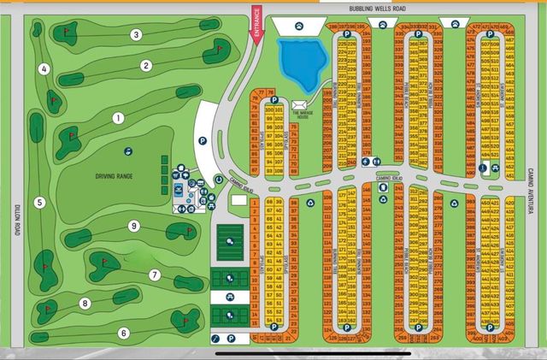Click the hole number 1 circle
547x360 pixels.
(x=119, y=118)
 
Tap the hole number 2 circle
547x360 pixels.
(x=146, y=65)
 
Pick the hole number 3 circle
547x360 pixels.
(x=136, y=35)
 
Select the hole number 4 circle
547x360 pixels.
(x=44, y=69)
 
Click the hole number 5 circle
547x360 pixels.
(x=39, y=203)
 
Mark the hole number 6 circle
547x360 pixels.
(x=123, y=333)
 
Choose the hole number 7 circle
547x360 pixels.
(x=155, y=274)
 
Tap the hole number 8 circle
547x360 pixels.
(x=85, y=304)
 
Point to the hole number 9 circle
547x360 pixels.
(x=133, y=226)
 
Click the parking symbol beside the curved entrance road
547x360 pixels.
(x=203, y=140)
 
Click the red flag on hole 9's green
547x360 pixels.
(x=183, y=228)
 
